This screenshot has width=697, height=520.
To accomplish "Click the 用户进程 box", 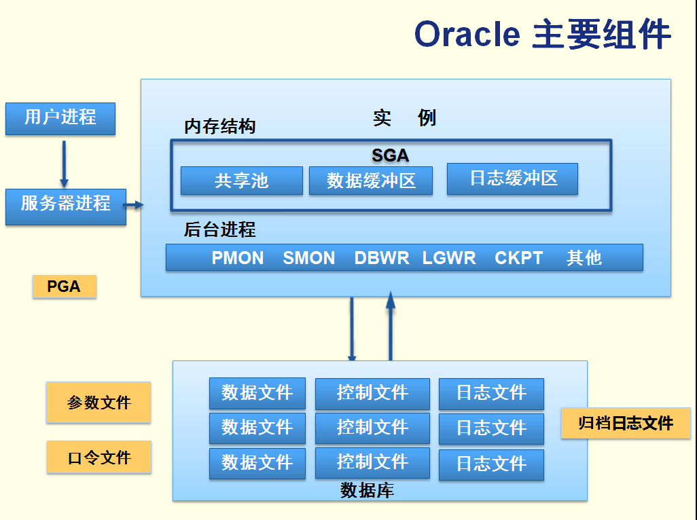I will tap(60, 118).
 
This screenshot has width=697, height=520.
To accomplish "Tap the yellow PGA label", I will tap(65, 286).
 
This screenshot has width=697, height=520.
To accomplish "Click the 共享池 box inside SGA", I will tap(241, 181).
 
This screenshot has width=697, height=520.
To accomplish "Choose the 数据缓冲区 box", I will tap(371, 181).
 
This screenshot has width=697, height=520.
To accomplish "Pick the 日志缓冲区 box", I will tap(512, 179).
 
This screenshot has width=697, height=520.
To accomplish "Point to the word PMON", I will tap(238, 258).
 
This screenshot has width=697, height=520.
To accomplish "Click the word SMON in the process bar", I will tap(309, 258).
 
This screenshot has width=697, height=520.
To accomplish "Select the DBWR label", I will tap(382, 258).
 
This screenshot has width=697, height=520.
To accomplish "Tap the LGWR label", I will tap(449, 258).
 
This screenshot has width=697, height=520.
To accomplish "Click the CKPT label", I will tap(519, 258).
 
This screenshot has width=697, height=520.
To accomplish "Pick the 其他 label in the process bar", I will tap(584, 258).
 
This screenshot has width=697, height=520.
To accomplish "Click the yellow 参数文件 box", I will tap(99, 403).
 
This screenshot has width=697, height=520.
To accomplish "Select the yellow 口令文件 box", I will tap(99, 458).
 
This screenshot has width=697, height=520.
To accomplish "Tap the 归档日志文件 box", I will tap(626, 424).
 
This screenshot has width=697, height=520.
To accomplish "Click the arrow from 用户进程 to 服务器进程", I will tap(64, 163).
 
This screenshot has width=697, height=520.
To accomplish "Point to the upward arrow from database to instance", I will tap(391, 326).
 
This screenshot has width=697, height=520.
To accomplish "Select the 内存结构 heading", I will tap(219, 127).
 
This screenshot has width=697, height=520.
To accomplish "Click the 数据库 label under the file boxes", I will tap(367, 490).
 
